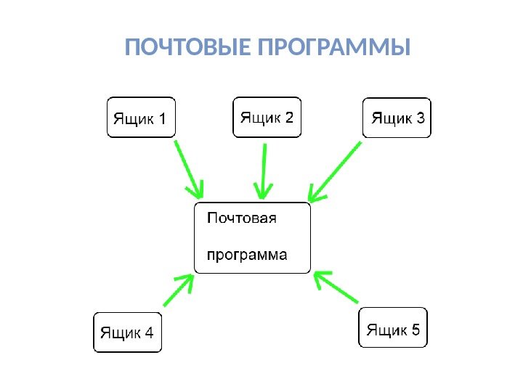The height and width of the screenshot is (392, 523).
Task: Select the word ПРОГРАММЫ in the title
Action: coord(333,49)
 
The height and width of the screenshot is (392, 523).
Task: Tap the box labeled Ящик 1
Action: coord(142,118)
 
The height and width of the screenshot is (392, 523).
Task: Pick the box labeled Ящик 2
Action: coord(267,117)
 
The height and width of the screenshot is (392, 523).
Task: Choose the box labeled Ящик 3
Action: coord(397,118)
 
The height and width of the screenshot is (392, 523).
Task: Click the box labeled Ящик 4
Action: coord(127,332)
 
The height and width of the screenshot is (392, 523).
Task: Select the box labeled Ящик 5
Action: coord(393,329)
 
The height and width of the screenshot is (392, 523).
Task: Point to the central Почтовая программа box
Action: coord(252,237)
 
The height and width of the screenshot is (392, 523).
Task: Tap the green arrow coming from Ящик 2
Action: coord(264,171)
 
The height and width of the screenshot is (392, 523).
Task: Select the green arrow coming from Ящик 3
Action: coord(336,171)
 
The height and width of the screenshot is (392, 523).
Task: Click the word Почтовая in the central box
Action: coord(241,217)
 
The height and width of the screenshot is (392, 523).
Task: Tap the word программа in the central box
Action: coord(247,256)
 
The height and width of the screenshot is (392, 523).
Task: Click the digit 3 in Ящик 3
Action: coord(420,118)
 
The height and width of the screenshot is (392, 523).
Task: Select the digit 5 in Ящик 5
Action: coord(415,329)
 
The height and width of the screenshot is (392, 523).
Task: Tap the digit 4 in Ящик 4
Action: coord(148,333)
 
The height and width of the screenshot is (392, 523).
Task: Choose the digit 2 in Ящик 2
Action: coord(289,116)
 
